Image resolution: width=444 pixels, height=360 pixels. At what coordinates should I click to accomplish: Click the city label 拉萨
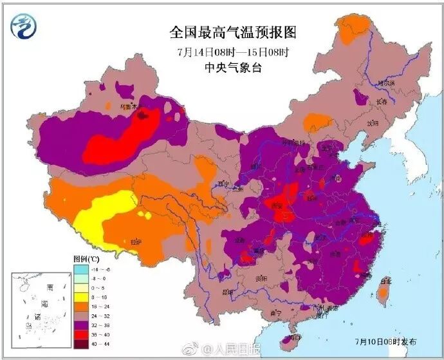136,242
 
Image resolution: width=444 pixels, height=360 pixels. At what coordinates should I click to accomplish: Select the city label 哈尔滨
386,83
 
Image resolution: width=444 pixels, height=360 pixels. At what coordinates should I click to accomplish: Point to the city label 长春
382,101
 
